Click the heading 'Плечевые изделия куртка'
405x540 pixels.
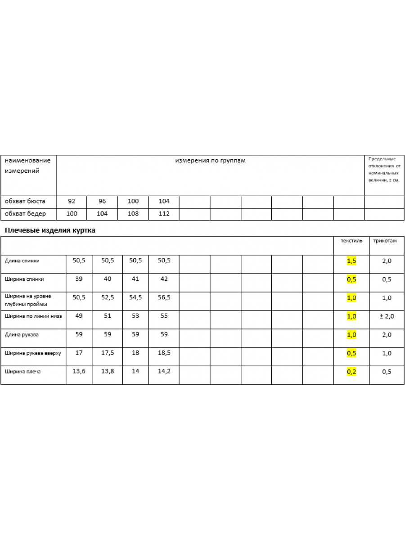(x=50, y=230)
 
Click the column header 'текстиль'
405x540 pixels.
(x=351, y=241)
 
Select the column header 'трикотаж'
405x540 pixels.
(x=385, y=241)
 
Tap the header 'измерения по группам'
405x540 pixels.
(x=210, y=161)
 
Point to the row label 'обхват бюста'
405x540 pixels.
(x=25, y=201)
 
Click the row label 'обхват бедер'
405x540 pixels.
(x=25, y=214)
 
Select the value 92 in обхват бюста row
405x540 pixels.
(x=72, y=201)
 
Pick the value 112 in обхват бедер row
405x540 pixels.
(x=164, y=214)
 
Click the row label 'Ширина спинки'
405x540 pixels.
(x=24, y=279)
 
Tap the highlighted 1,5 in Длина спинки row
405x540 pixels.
(x=351, y=261)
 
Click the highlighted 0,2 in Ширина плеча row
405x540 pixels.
(x=351, y=372)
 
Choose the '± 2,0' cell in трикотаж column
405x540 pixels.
(x=387, y=316)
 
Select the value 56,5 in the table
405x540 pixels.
(x=164, y=297)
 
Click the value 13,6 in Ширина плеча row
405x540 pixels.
(x=79, y=371)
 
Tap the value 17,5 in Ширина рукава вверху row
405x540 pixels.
(x=108, y=353)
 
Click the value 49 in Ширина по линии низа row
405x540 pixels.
(x=79, y=316)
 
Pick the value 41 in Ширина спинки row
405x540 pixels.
(x=135, y=279)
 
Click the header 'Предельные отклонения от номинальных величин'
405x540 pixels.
(x=384, y=170)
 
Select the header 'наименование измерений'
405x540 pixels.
(x=27, y=166)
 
